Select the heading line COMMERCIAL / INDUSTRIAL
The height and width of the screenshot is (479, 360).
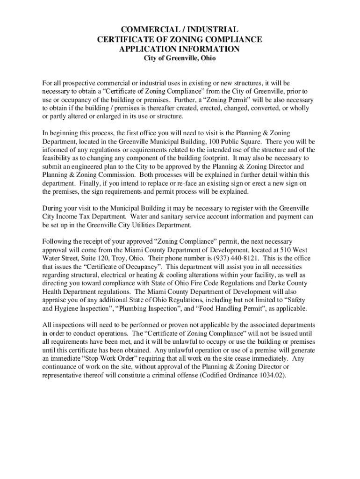pyautogui.click(x=180, y=30)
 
